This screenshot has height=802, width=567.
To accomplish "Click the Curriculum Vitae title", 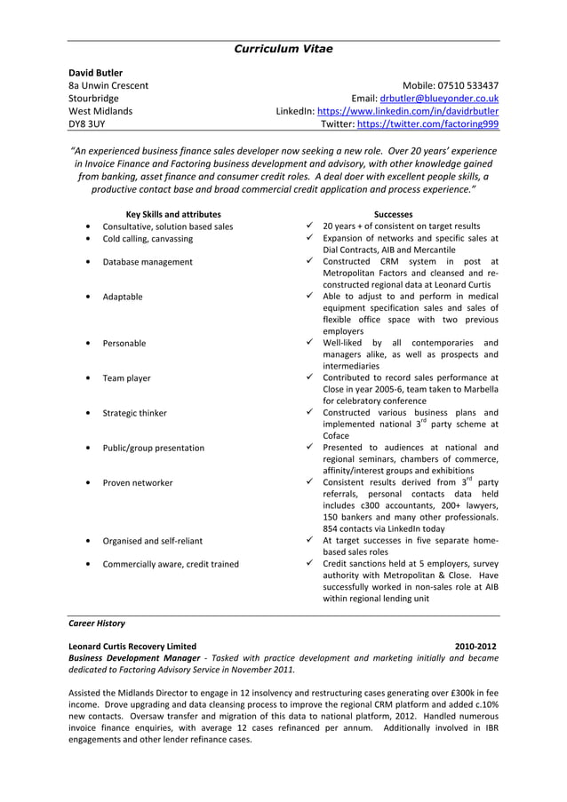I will (283, 49).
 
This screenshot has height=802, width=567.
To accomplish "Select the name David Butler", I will (96, 72).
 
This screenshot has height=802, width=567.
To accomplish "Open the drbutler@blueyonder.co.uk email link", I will (438, 99).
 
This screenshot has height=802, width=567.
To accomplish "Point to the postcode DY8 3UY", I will (87, 125).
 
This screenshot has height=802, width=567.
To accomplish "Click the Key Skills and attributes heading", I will (173, 214).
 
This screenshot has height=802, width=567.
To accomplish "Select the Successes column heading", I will (393, 214).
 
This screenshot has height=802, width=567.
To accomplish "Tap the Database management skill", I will (148, 262).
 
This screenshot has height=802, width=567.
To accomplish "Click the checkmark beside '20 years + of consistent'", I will (307, 226).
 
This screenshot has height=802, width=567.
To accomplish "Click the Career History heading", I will (97, 623).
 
